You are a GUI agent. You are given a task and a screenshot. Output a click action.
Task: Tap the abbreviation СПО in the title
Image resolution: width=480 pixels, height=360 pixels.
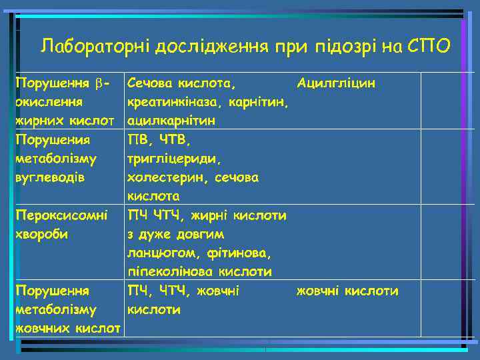(429, 46)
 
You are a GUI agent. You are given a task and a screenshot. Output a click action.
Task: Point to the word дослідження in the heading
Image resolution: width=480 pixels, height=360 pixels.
(212, 46)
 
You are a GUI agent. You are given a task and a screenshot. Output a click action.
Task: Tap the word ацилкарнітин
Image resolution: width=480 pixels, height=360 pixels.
(171, 121)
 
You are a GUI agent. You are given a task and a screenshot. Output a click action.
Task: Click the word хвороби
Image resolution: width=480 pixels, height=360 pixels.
(43, 235)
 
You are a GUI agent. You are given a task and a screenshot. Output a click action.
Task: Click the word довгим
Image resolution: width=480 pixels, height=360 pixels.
(201, 235)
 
